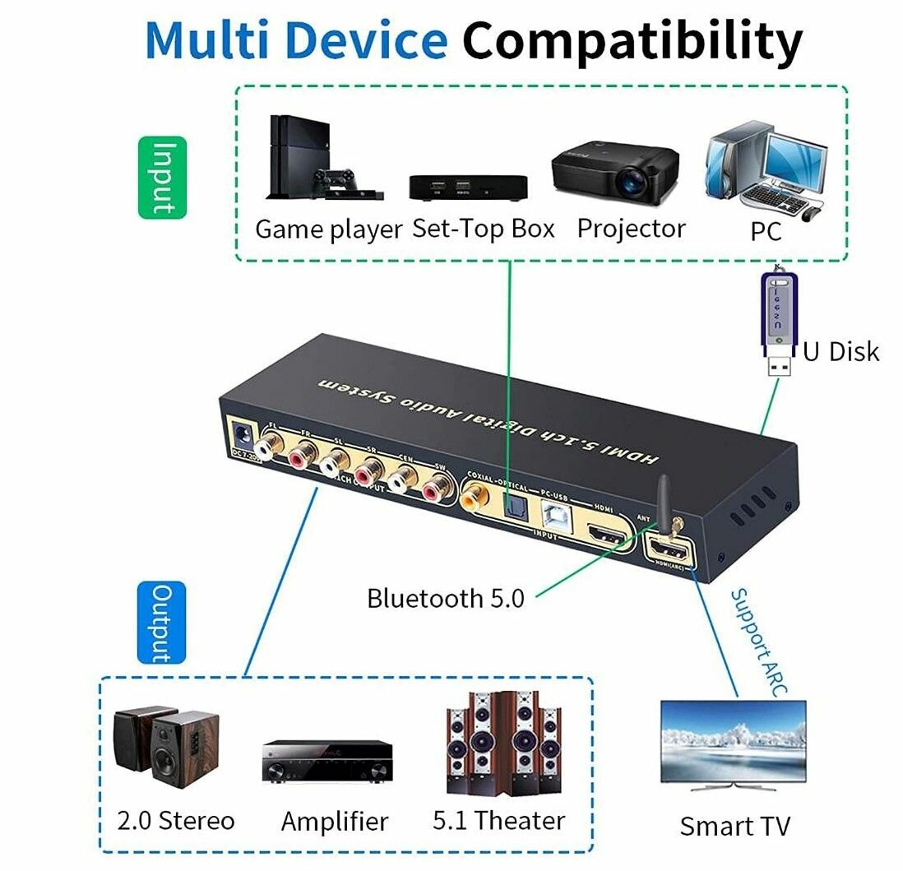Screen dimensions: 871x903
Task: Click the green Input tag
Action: [x=162, y=177]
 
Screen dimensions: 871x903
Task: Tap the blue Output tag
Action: [x=161, y=623]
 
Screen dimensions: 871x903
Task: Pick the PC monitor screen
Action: [x=794, y=154]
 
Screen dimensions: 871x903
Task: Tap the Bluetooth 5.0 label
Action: [x=445, y=598]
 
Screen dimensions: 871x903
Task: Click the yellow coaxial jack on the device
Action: [x=476, y=495]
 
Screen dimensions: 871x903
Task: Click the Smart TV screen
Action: [x=733, y=741]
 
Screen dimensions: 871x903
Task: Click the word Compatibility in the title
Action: [x=632, y=39]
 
